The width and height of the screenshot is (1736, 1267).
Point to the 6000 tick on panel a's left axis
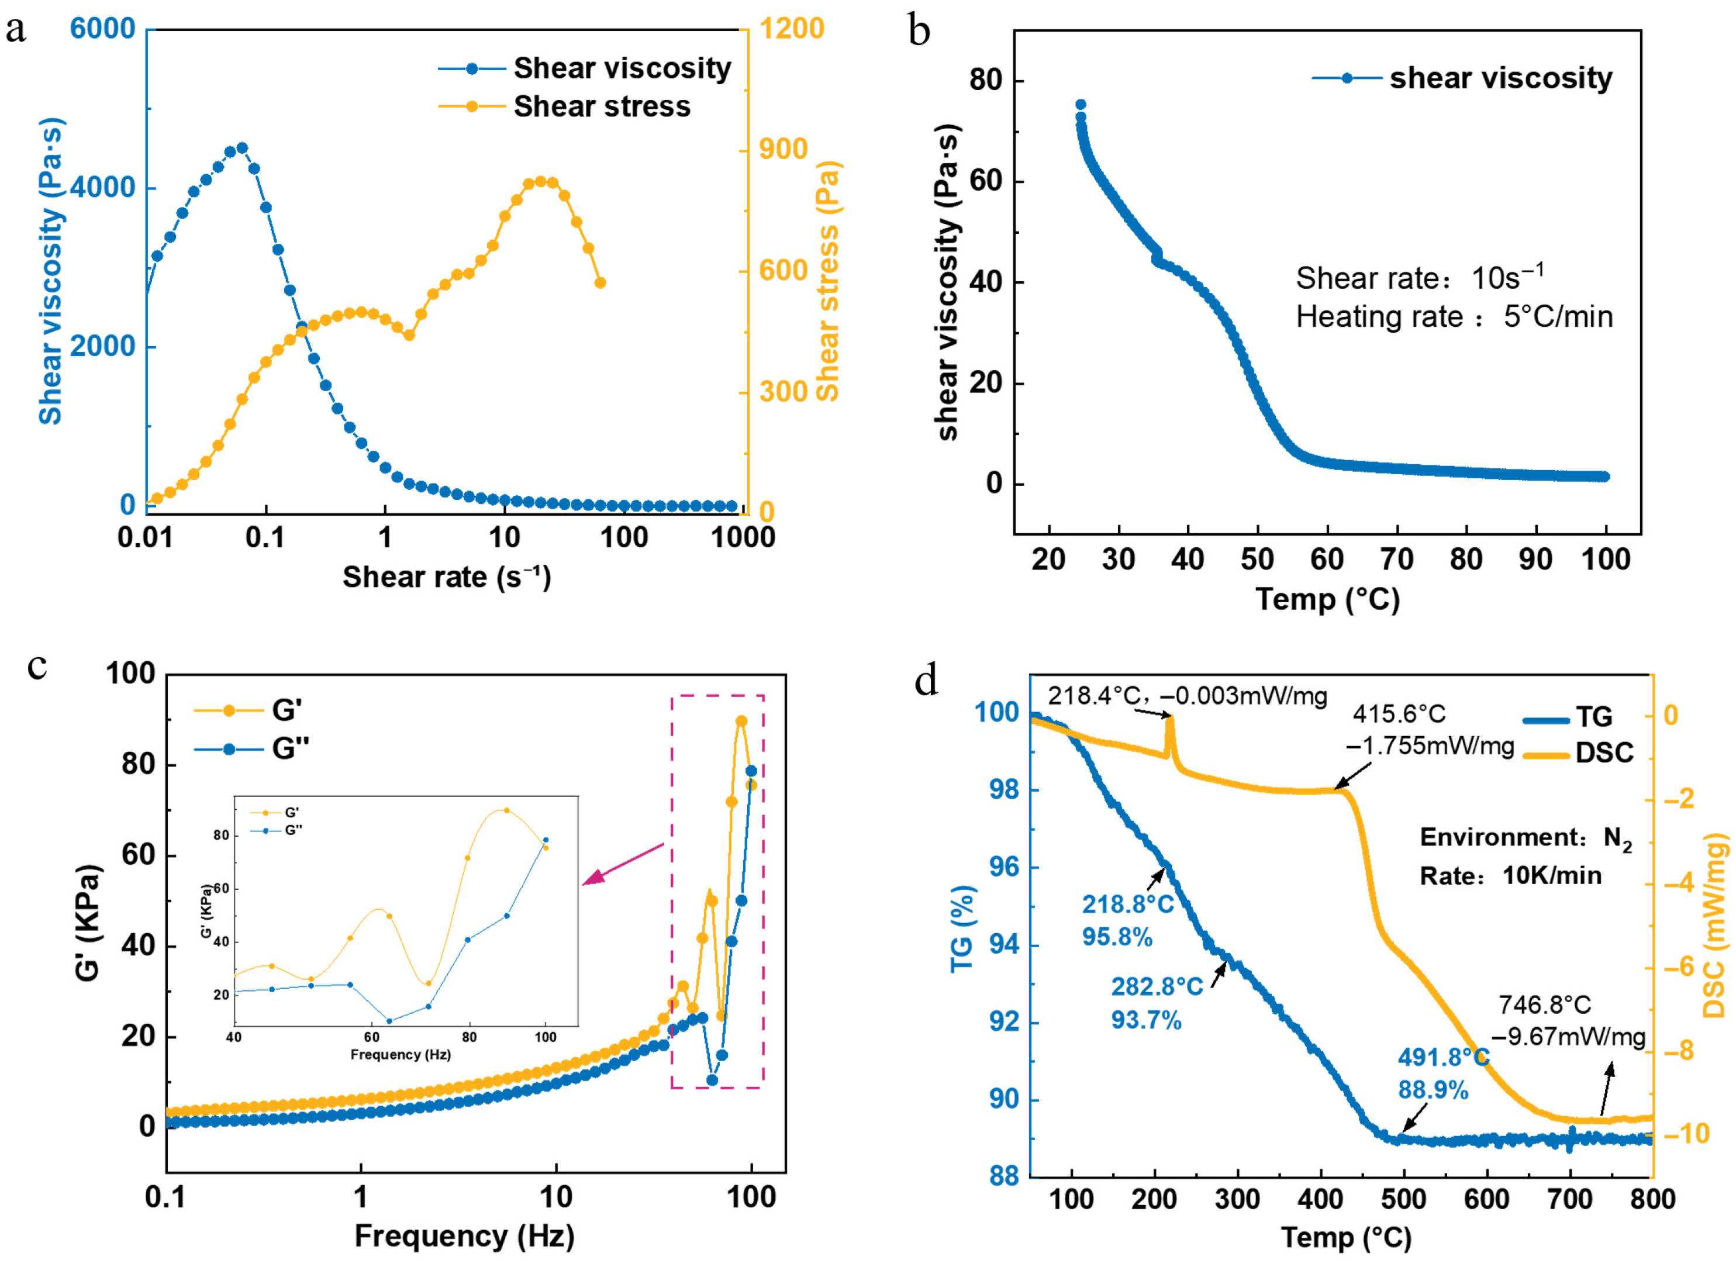[103, 29]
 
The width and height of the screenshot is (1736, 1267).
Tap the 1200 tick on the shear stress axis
[791, 29]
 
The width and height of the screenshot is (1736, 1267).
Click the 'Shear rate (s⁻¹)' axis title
[446, 576]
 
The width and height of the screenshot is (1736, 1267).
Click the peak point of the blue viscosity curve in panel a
[242, 148]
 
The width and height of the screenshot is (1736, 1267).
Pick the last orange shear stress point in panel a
[600, 283]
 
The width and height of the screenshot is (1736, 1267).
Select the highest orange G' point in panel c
[741, 721]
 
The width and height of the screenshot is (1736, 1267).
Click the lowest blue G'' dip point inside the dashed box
[712, 1080]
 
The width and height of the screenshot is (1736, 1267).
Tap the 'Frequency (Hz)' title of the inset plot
[401, 1055]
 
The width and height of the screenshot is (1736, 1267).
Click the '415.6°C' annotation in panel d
[1398, 714]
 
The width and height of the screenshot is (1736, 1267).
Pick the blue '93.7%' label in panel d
[1145, 1020]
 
